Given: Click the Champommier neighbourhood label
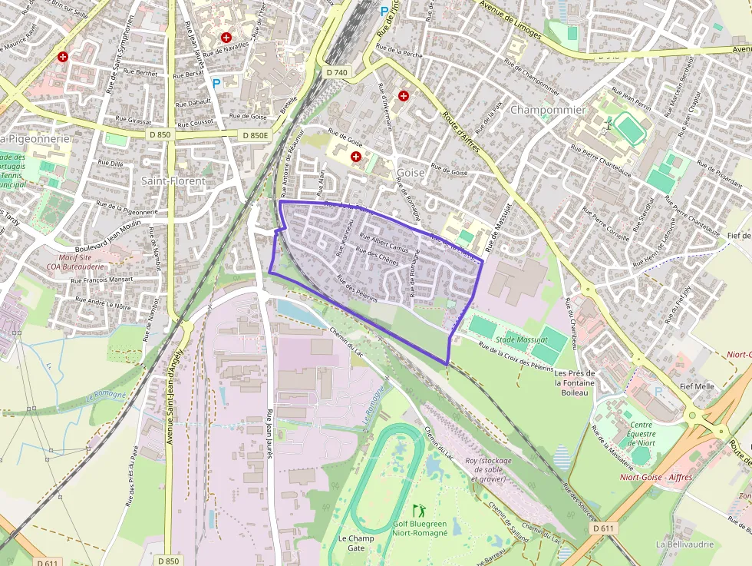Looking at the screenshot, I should tap(547, 110).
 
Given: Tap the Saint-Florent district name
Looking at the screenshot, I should tap(173, 181).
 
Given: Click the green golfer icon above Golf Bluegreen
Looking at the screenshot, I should tap(419, 510).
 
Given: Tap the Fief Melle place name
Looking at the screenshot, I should tap(694, 387).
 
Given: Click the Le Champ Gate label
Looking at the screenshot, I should tap(357, 543).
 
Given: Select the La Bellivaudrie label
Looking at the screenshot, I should tap(680, 544).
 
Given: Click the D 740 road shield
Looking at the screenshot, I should tap(336, 72).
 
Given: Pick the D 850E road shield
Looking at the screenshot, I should tap(256, 135).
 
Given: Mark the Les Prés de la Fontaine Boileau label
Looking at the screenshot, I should tap(574, 382).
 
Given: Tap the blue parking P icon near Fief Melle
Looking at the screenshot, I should tap(658, 391).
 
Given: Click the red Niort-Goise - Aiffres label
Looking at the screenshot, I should tap(656, 477).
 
